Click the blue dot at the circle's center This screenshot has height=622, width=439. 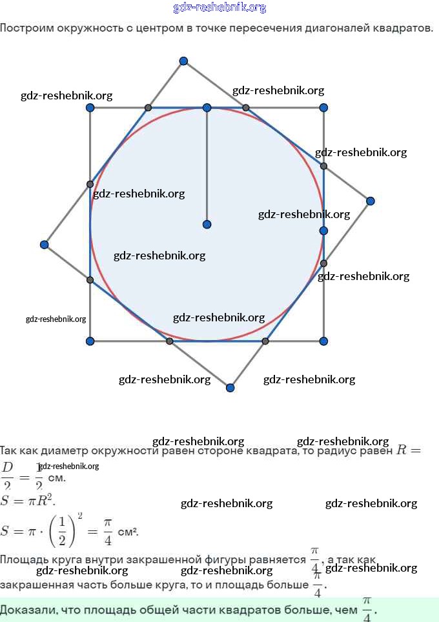(x=207, y=225)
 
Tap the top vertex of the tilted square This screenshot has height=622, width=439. (x=183, y=61)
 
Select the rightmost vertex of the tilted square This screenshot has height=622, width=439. (x=370, y=201)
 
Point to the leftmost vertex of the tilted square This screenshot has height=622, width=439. (x=44, y=245)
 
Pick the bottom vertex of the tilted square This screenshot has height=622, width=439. (x=230, y=388)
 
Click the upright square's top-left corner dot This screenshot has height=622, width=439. (x=90, y=108)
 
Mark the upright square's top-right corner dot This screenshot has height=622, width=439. (x=323, y=108)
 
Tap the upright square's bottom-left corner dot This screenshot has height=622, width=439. (x=90, y=341)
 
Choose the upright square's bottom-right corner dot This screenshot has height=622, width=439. (x=323, y=341)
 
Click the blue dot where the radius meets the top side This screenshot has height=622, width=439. (x=207, y=108)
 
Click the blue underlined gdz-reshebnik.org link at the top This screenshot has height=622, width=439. (x=219, y=8)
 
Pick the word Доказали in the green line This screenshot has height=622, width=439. (x=28, y=609)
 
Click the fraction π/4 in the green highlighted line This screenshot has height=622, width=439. (x=366, y=609)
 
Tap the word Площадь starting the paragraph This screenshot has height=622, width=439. (x=25, y=559)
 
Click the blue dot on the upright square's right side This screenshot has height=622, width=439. (x=323, y=230)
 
